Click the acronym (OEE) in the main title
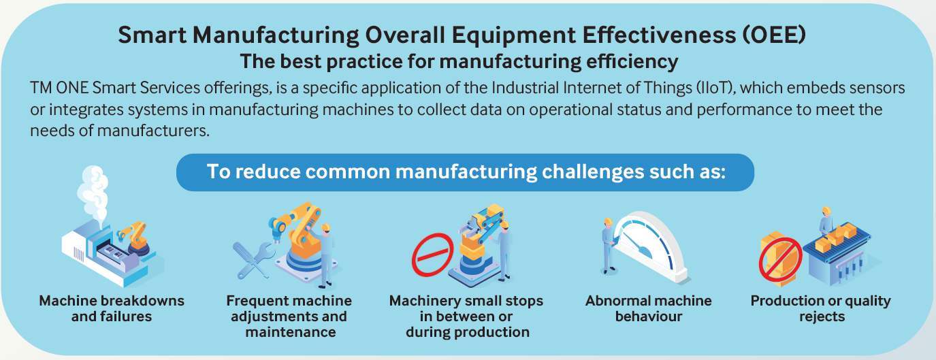tap(774, 35)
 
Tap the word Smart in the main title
tap(152, 35)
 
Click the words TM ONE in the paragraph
tap(59, 88)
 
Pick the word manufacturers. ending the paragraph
tap(153, 131)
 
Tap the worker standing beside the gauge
tap(609, 246)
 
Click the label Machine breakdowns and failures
tap(112, 308)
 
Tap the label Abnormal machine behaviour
tap(649, 308)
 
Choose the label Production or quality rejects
tap(821, 308)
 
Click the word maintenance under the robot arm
tap(291, 332)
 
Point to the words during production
tap(468, 332)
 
